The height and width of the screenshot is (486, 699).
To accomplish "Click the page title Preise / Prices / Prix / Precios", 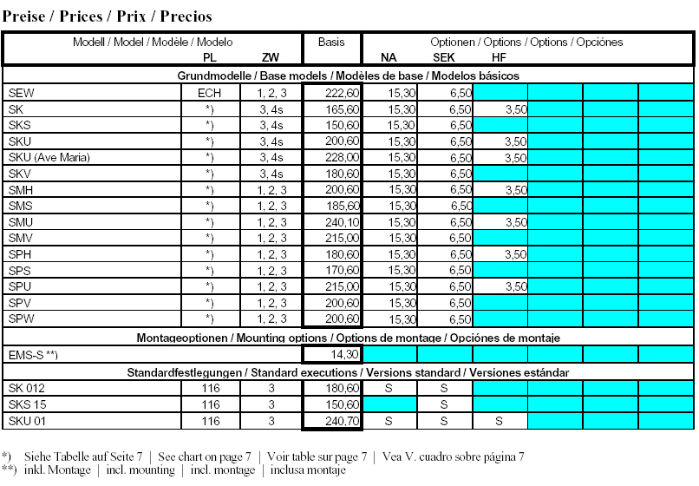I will tap(108, 16).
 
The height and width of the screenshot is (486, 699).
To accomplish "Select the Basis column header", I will tap(330, 42).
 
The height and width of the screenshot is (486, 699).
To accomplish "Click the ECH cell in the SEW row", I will tap(209, 93).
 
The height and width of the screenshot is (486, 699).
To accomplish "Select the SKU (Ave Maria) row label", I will tap(49, 157).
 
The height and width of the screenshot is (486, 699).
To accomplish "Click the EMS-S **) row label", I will tap(34, 355).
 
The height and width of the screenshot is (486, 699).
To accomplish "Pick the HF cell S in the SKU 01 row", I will tap(499, 421).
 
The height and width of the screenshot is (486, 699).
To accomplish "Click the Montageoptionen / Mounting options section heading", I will tap(348, 337).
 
